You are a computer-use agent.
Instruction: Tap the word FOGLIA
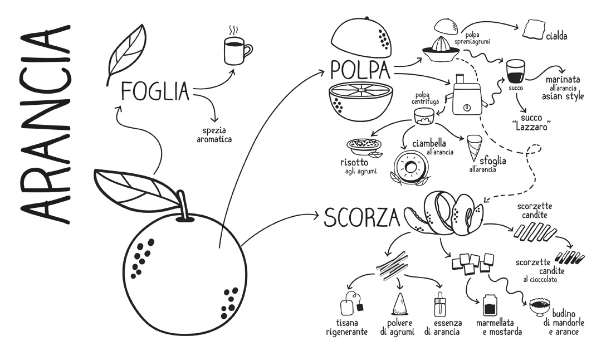coord(155,91)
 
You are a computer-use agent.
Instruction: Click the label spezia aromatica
coord(214,135)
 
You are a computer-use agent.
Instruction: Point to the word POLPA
coord(360,70)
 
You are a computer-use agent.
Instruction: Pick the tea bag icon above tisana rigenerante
coord(351,304)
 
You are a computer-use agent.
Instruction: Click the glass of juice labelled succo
coord(516,71)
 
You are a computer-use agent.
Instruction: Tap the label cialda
coord(556,36)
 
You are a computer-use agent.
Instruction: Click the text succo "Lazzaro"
coord(532,122)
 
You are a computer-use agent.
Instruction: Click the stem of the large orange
coord(183,207)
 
